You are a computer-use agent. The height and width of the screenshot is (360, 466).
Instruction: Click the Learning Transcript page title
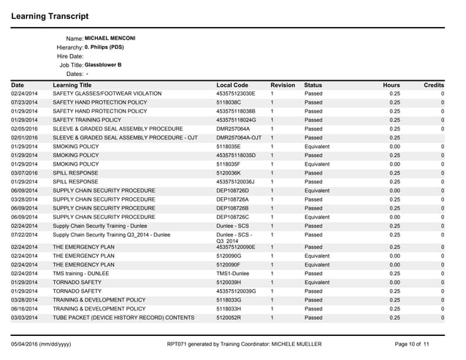pos(50,15)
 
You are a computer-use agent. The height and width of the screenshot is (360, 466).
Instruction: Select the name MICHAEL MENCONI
pos(110,37)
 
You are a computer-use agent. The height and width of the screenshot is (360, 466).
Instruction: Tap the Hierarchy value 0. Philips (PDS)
pos(104,47)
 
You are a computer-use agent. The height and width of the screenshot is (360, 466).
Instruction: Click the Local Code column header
pos(232,85)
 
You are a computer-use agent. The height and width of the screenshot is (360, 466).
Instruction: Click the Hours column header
pos(391,85)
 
